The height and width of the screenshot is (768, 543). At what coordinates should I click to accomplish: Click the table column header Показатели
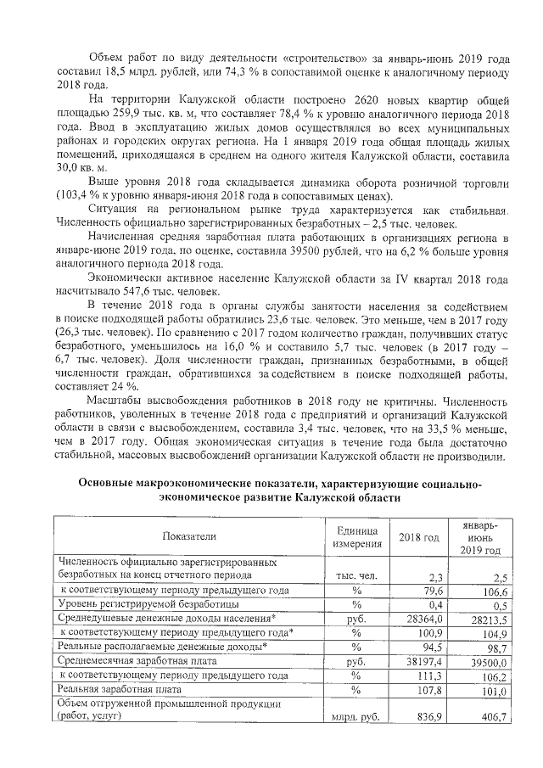click(x=191, y=535)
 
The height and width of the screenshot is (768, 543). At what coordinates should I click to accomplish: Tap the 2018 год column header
click(x=419, y=536)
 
